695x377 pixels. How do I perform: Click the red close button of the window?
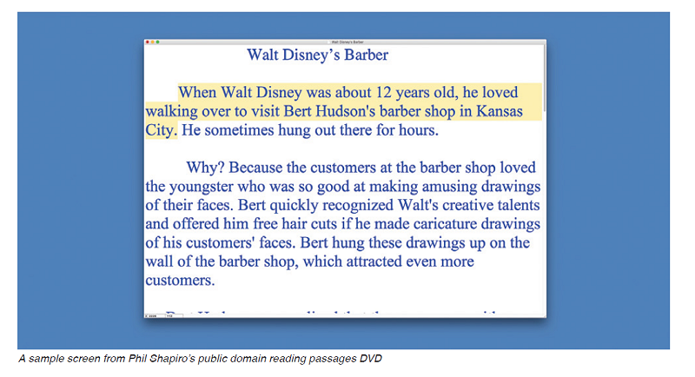coord(148,42)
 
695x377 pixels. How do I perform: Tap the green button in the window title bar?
coord(158,42)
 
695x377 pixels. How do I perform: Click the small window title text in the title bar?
coord(345,42)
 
